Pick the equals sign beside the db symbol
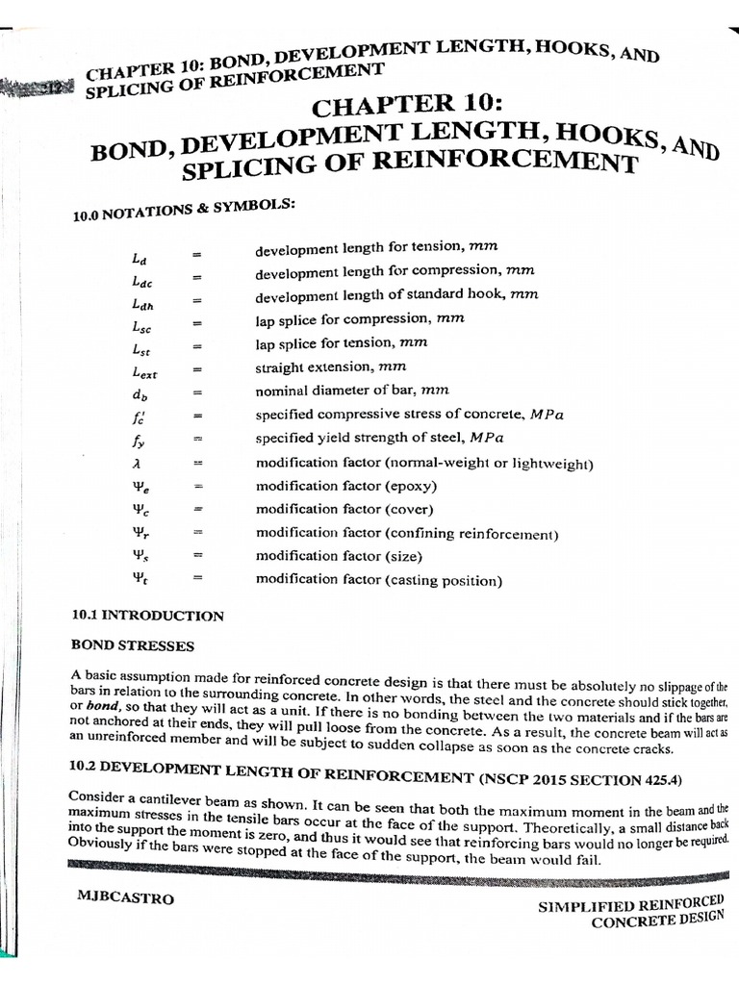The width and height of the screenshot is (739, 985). click(197, 393)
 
